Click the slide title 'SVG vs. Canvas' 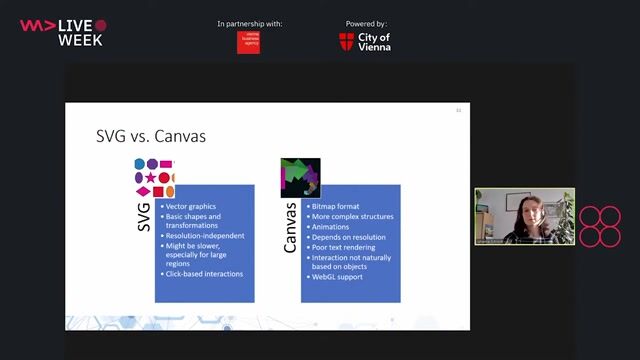(x=150, y=136)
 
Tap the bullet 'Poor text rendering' (x=345, y=247)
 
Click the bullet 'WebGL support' (x=340, y=276)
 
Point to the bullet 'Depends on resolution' (x=349, y=236)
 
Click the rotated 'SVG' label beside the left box (x=143, y=218)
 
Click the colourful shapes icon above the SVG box (x=154, y=178)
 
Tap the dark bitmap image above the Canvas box (x=299, y=177)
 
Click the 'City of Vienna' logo (x=365, y=41)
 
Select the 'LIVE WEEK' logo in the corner (x=62, y=32)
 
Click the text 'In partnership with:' (x=249, y=23)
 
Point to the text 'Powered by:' (x=366, y=23)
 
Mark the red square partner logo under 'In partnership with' (x=248, y=42)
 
